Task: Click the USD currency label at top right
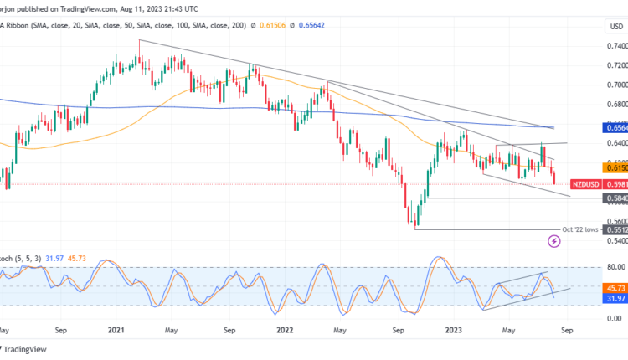click(x=616, y=26)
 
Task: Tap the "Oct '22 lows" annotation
click(x=583, y=229)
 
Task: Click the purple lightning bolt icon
click(x=553, y=241)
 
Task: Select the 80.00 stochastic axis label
click(x=615, y=267)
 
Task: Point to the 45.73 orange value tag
click(x=615, y=286)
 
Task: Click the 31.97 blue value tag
click(x=615, y=298)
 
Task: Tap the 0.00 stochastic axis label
click(x=615, y=318)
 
